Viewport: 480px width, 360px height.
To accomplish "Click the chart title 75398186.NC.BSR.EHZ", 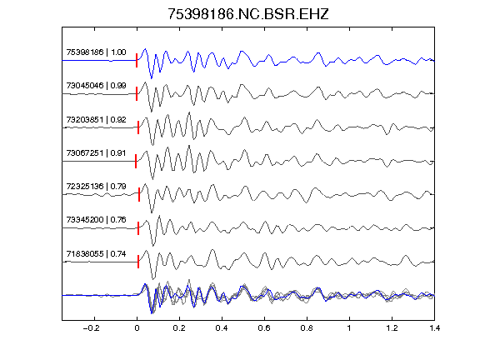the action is point(248,14).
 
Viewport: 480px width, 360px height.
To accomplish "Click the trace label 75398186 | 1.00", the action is point(96,52).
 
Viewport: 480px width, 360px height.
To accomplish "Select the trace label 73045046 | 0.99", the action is point(96,85).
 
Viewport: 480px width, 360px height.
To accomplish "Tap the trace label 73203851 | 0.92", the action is point(96,119).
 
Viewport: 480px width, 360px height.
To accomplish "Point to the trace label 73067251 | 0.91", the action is point(96,152).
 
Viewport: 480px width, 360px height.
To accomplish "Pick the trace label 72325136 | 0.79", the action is point(96,186).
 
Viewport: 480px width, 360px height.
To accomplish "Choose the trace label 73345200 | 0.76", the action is point(96,219).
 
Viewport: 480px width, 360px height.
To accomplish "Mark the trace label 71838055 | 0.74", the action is point(96,254).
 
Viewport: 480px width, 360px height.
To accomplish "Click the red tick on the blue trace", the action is point(137,60).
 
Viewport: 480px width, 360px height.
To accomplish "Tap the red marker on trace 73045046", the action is point(137,93).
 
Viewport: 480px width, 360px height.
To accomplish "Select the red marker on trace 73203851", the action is point(138,127).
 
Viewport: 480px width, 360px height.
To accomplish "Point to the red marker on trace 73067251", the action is point(136,161).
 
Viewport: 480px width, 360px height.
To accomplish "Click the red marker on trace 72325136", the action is point(139,194).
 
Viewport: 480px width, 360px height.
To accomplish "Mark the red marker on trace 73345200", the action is point(138,228).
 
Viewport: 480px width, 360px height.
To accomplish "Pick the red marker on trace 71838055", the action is point(138,262).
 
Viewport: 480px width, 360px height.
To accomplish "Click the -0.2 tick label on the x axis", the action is point(92,328).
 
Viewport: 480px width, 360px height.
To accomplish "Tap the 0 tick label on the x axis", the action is point(137,328).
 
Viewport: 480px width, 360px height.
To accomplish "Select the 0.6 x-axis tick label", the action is point(264,328).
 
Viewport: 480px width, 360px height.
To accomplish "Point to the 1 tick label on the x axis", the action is point(349,328).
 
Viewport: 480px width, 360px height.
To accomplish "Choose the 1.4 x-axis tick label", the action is point(434,328).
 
